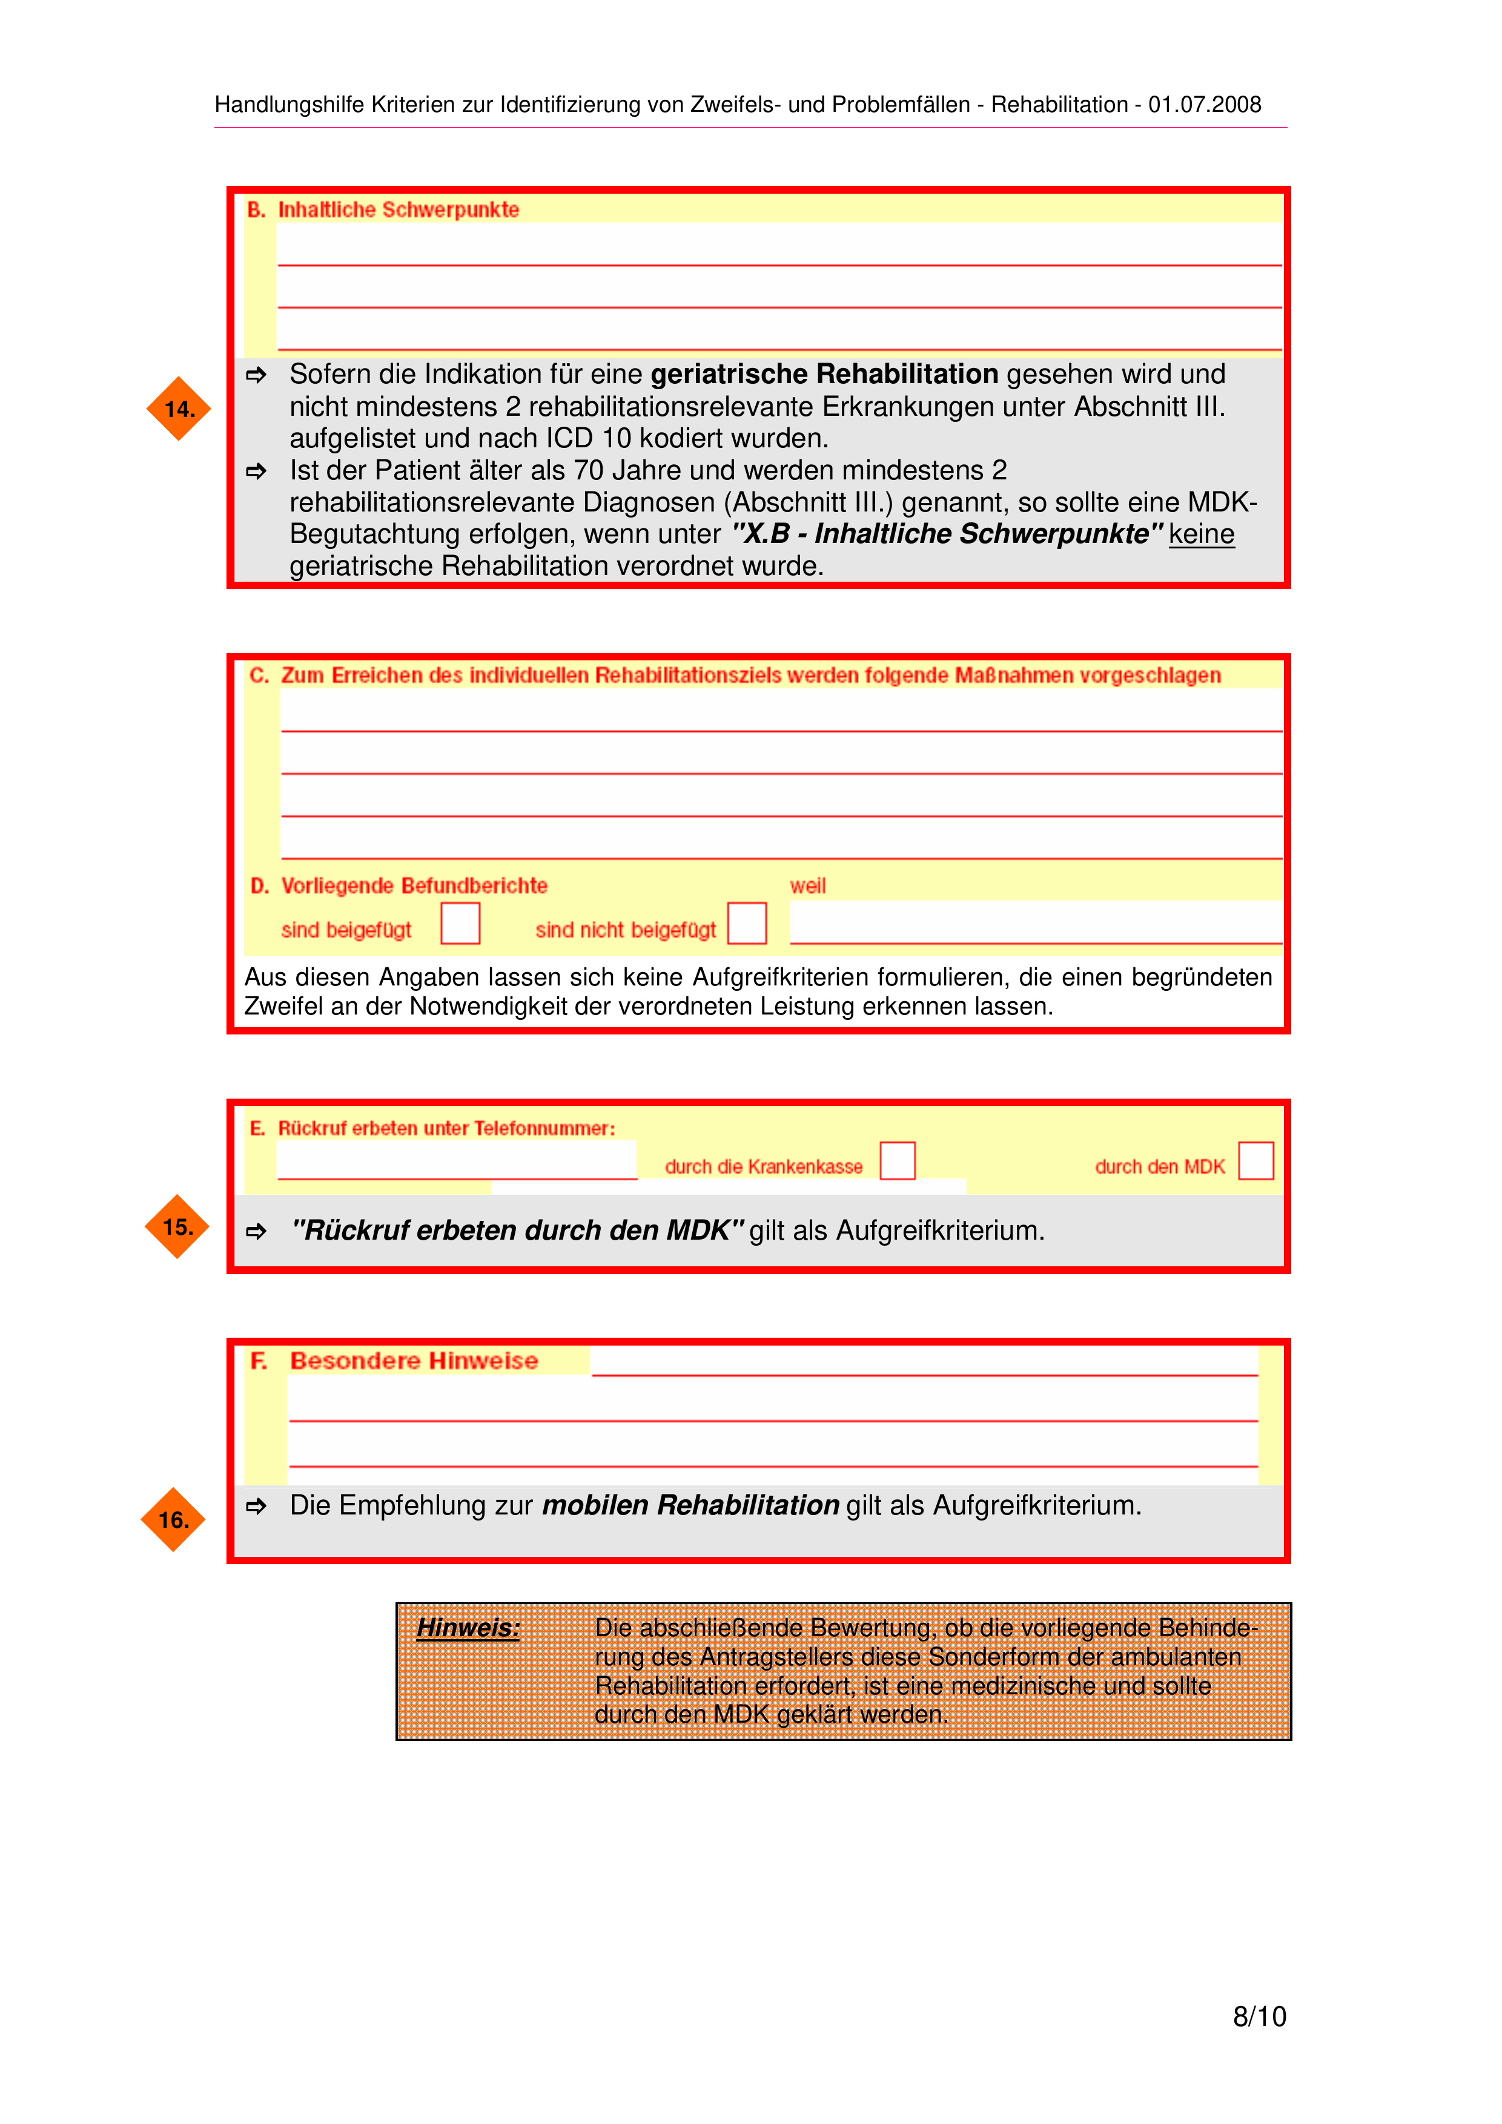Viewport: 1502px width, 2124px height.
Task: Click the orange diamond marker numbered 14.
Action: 179,409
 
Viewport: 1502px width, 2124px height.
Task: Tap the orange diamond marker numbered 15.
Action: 177,1227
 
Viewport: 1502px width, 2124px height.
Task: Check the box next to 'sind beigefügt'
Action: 460,923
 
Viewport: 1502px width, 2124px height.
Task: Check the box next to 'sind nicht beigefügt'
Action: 747,923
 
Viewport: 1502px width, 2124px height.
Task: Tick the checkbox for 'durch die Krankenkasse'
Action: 897,1160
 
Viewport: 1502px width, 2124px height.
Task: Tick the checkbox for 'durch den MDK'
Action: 1256,1160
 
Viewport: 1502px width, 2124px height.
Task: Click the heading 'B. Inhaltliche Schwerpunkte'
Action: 384,210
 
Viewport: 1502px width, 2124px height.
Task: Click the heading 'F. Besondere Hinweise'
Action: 395,1361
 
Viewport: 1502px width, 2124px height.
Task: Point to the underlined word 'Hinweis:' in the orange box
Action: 468,1628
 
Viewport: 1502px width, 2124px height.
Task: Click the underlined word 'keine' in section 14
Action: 1201,534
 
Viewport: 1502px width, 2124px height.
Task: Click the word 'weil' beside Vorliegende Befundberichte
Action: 807,886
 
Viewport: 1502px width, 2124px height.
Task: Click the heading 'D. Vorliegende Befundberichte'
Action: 400,886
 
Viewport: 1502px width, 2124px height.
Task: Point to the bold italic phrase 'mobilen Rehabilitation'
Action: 690,1505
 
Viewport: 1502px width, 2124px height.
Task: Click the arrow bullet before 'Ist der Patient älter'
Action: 256,471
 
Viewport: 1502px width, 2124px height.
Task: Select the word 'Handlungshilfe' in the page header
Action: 289,105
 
